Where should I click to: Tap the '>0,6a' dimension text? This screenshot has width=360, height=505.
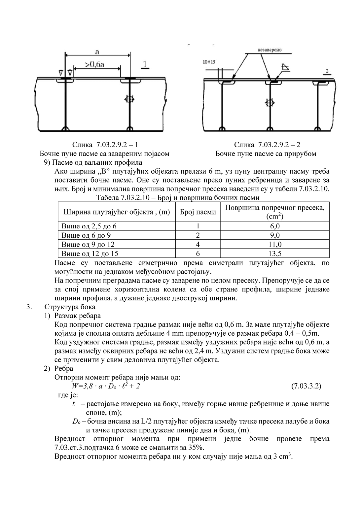(x=95, y=64)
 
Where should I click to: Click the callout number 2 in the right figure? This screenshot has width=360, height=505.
(x=326, y=71)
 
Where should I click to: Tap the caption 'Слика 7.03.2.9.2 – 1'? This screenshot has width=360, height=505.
(x=105, y=145)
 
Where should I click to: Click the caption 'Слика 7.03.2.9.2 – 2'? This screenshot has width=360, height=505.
(x=267, y=145)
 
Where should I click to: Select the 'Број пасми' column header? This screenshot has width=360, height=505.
(x=198, y=212)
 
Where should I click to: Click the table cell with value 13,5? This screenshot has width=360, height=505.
(x=275, y=253)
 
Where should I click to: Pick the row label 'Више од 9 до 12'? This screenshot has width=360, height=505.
(x=88, y=245)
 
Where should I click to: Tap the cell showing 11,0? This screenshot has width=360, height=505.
(x=275, y=245)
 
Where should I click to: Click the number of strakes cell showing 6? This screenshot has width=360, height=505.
(x=198, y=253)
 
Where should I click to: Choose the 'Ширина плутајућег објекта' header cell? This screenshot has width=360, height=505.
(x=117, y=212)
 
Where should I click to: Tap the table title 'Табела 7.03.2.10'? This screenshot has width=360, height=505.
(x=177, y=198)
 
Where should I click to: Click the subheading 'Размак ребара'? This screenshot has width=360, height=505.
(x=77, y=316)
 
